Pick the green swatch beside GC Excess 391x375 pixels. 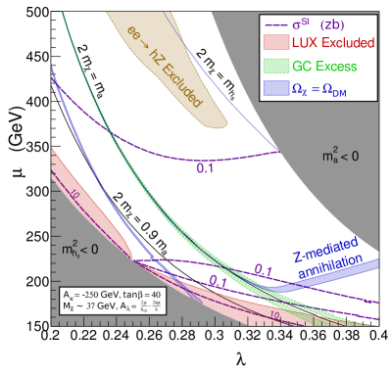coord(275,67)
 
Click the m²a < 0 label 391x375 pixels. coord(340,156)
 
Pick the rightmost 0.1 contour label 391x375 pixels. coord(263,270)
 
